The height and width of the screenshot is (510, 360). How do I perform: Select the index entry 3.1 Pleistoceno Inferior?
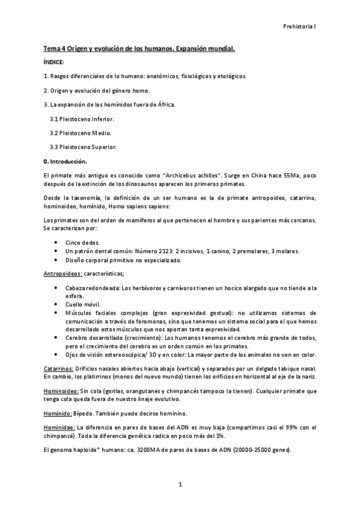[x=82, y=119]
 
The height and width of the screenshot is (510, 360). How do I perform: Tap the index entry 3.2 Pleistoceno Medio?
[x=80, y=133]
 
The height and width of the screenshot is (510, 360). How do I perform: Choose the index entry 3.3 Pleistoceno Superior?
[x=83, y=147]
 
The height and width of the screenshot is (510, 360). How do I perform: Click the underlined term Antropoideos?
[x=62, y=274]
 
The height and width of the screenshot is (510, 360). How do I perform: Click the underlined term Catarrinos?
[x=59, y=367]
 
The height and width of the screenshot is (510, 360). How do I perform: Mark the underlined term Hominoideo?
[x=61, y=390]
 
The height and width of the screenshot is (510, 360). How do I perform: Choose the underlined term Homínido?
[x=58, y=413]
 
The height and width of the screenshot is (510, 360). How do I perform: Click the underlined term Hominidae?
[x=59, y=427]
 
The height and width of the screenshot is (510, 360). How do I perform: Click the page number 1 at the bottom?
[x=180, y=484]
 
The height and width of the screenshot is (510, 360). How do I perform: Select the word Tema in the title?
[x=52, y=48]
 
